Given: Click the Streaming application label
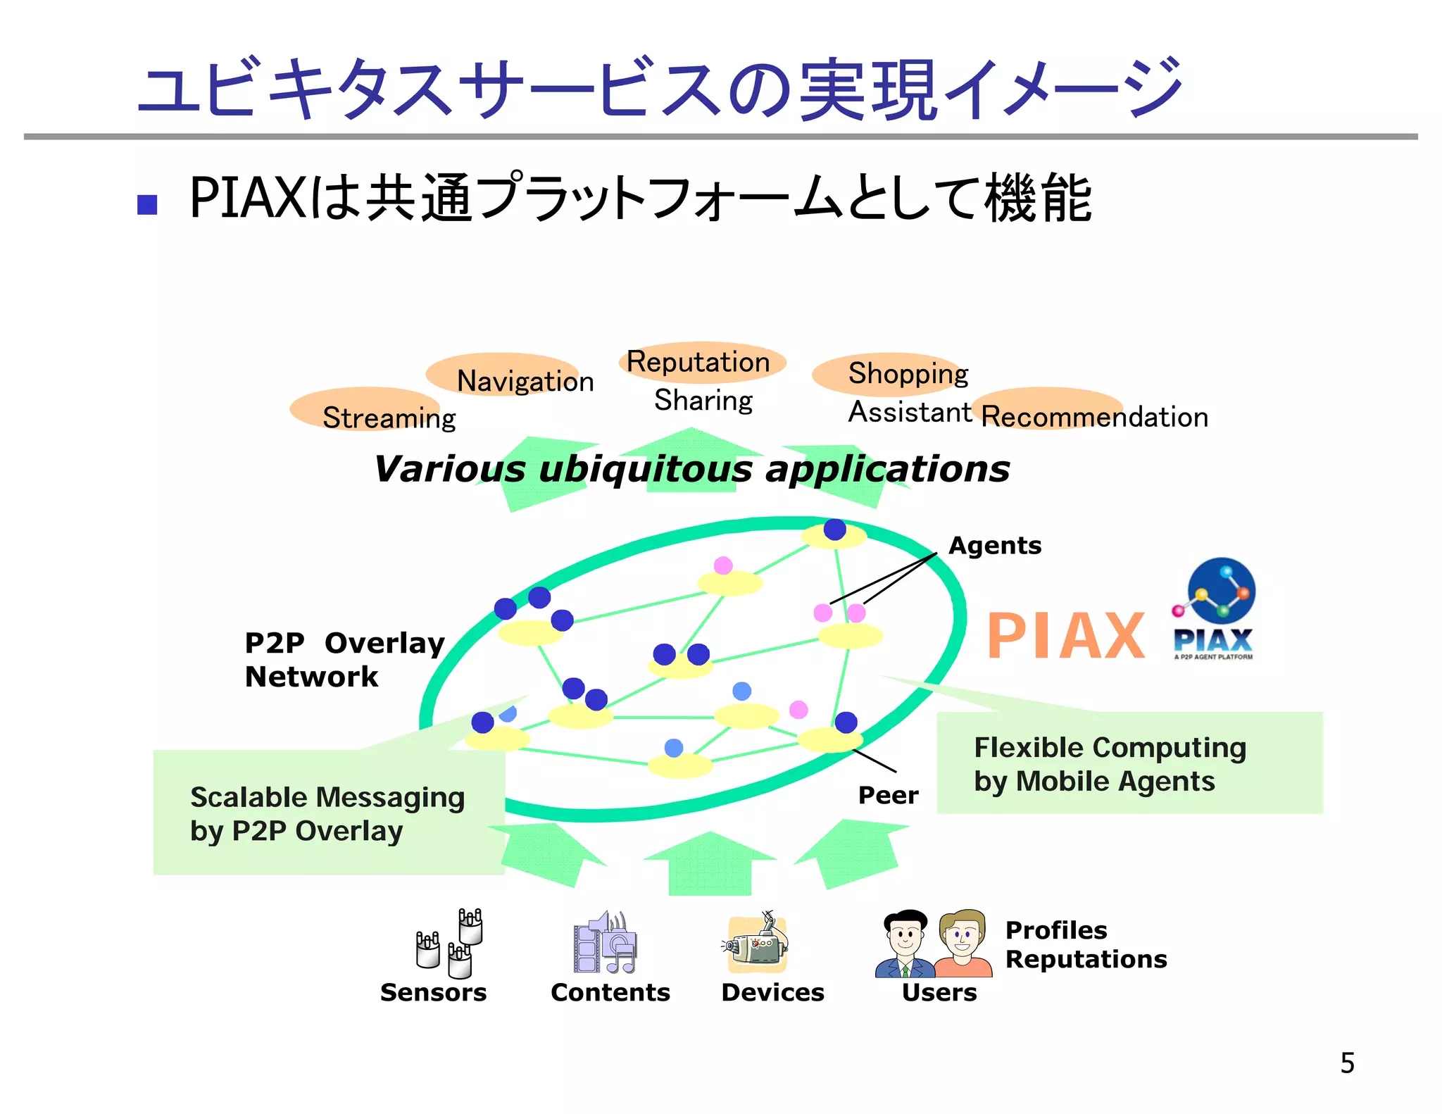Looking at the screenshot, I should [x=389, y=418].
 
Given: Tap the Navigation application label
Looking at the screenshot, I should [x=525, y=381].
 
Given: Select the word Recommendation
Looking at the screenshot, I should [x=1095, y=417].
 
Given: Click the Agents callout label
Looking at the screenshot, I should [x=995, y=546].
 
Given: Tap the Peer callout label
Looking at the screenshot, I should [x=888, y=795].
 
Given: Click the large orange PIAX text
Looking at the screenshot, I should [x=1066, y=636].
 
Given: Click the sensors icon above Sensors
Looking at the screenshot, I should [x=451, y=944].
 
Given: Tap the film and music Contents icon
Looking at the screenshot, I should [x=605, y=944].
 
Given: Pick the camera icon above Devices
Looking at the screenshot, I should [x=757, y=944].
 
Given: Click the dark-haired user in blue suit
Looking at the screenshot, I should [x=905, y=944].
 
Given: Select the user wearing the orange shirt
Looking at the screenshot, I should [x=963, y=944].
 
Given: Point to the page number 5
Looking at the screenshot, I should [x=1347, y=1063].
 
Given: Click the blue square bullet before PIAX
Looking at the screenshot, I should [x=147, y=204].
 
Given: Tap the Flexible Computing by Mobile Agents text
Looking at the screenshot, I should [x=1110, y=764].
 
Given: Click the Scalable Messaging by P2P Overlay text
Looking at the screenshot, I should [x=327, y=814].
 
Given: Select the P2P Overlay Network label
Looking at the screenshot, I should [x=344, y=660].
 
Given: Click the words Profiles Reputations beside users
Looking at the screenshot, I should [x=1085, y=944].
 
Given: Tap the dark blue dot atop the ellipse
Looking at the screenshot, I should [x=834, y=529].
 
